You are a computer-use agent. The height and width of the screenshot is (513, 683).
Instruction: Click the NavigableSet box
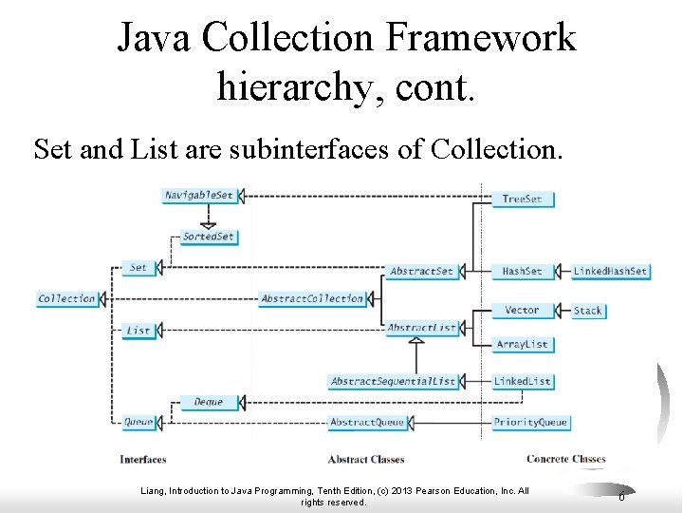(198, 196)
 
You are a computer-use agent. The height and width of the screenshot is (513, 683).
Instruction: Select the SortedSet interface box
(208, 237)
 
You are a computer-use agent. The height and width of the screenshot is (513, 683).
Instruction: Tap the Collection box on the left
(66, 298)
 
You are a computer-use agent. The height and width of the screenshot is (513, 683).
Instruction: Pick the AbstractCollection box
(312, 298)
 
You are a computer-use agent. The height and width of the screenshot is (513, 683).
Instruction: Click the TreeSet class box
(522, 199)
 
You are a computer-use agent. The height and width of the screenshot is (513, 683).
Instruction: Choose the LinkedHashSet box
(610, 271)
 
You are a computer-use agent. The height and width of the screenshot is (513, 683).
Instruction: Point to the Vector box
(522, 310)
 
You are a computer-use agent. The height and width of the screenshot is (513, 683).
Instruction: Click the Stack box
(587, 310)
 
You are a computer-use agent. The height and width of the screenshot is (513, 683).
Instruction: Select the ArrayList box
(522, 344)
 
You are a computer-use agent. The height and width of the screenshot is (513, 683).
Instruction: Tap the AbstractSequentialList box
(393, 381)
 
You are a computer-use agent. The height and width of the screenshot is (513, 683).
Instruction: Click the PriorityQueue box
(529, 422)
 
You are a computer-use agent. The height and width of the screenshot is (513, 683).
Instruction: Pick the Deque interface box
(208, 402)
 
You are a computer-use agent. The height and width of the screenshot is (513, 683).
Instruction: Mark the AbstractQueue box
(366, 422)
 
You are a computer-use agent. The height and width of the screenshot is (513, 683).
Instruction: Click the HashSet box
(522, 271)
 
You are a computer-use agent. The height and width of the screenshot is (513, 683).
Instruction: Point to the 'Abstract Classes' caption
(366, 460)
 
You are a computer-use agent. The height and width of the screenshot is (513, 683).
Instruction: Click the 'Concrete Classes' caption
(565, 460)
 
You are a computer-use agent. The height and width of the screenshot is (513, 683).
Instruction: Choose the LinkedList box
(522, 381)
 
